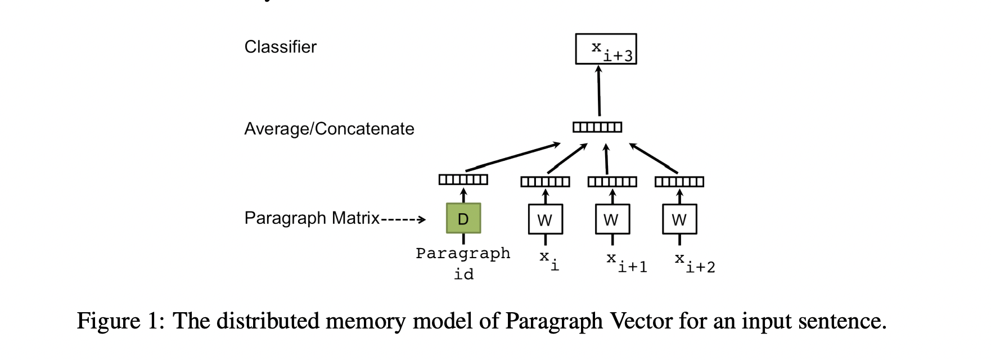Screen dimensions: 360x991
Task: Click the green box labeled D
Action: coord(463,218)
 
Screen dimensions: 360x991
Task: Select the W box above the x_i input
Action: coord(545,219)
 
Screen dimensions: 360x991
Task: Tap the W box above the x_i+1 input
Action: coord(612,219)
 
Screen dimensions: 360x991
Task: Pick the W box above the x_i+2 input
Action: coord(679,219)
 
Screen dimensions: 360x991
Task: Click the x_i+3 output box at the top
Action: coord(606,49)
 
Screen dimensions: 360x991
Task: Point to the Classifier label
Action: coord(280,47)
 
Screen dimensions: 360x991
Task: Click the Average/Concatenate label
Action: coord(329,129)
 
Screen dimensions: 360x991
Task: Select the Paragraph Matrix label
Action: coord(312,218)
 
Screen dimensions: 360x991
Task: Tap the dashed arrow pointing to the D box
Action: coord(403,219)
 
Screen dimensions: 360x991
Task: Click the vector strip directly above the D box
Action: coord(463,179)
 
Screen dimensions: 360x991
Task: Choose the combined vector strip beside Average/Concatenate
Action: coord(597,127)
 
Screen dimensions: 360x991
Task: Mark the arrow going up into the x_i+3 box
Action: coord(599,90)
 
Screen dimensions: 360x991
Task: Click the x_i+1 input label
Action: coord(626,262)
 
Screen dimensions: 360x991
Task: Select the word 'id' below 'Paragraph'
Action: coord(463,274)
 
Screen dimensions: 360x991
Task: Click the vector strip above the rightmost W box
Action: coord(679,182)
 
